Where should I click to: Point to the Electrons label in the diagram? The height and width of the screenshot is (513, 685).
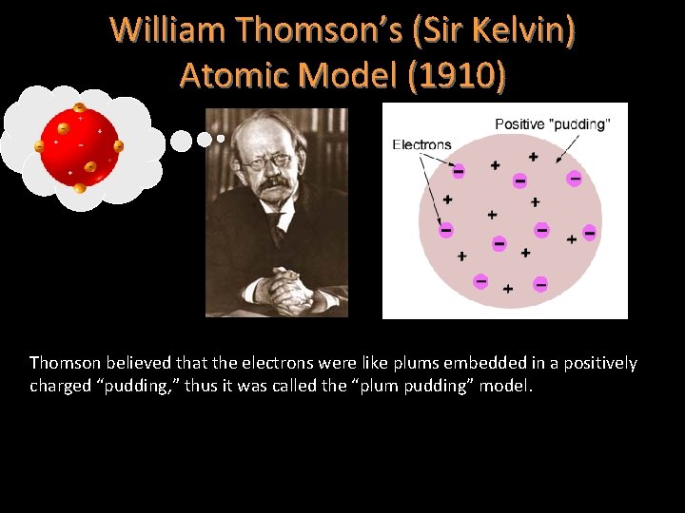click(421, 144)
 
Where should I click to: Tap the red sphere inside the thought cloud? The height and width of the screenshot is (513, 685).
click(80, 146)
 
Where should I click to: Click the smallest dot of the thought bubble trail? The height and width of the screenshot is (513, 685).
click(221, 138)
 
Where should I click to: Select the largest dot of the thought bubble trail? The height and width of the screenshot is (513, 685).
click(181, 141)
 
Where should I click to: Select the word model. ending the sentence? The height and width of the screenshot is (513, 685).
click(515, 386)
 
